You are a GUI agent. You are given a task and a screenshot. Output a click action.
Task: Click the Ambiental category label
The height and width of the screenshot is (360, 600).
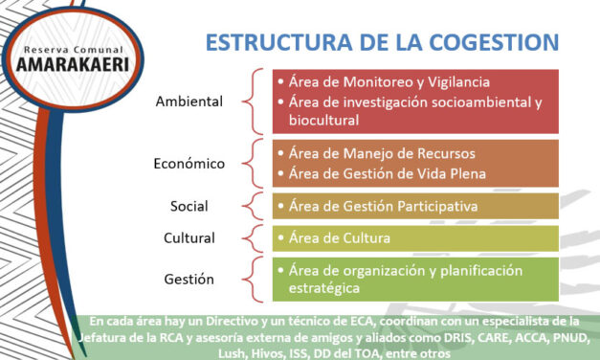click(190, 101)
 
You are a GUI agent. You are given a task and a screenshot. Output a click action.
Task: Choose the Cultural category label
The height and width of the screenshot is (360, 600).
click(189, 237)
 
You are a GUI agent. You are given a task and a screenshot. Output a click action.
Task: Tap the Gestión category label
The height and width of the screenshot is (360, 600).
click(189, 280)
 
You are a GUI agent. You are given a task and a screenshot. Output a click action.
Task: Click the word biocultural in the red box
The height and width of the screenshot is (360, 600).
click(318, 121)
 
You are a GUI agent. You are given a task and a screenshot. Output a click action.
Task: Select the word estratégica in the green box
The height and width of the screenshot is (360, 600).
click(318, 288)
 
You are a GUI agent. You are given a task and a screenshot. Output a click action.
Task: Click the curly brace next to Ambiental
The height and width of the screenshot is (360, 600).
click(251, 101)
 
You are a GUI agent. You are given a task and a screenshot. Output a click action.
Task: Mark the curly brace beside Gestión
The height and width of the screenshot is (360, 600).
click(251, 280)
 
